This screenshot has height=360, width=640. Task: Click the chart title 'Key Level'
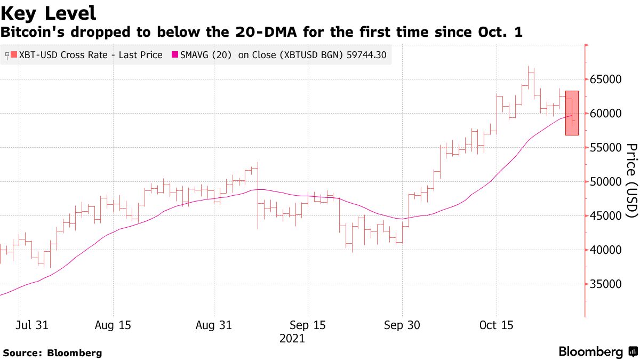49,13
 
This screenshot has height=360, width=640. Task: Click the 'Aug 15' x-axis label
113,325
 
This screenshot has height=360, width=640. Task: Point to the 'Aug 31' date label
214,325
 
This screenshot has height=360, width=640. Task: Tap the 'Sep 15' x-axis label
308,325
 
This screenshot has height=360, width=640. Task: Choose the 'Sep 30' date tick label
402,325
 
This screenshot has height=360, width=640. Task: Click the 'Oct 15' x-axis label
496,325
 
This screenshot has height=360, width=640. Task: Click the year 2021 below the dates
292,339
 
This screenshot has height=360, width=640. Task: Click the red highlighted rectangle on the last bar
572,113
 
